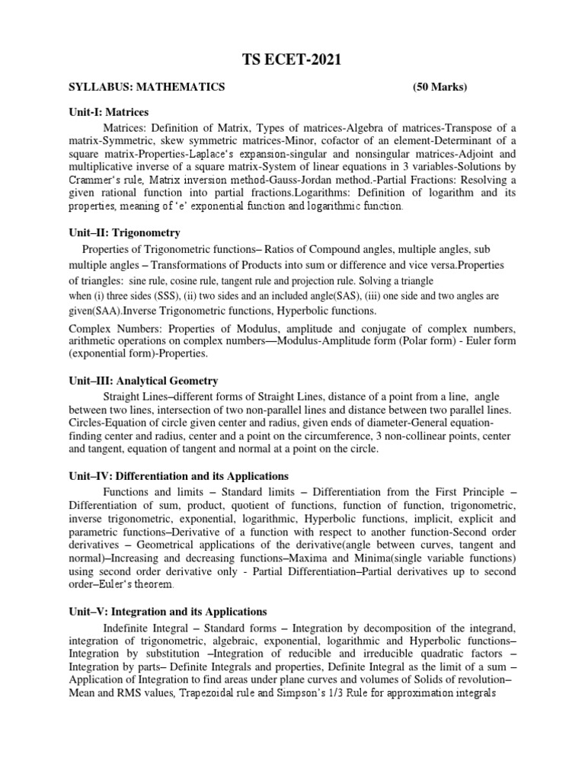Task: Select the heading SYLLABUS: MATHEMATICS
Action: tap(146, 88)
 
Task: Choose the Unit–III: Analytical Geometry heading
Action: tap(143, 380)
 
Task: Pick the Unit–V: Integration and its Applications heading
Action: tap(167, 612)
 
